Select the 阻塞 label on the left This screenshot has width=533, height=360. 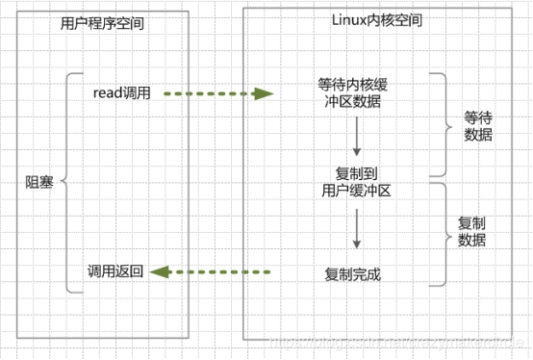tap(39, 180)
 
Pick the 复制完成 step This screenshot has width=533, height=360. tap(353, 273)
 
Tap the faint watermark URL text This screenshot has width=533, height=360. tap(404, 342)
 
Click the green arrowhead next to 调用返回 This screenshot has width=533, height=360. tap(162, 272)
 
